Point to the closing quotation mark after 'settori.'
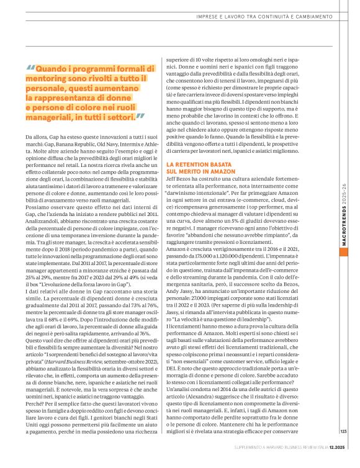click(140, 116)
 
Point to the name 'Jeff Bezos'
click(179, 179)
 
